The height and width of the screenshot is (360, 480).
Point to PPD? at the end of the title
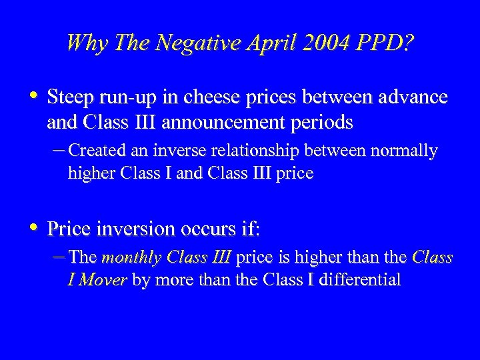[x=385, y=44]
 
